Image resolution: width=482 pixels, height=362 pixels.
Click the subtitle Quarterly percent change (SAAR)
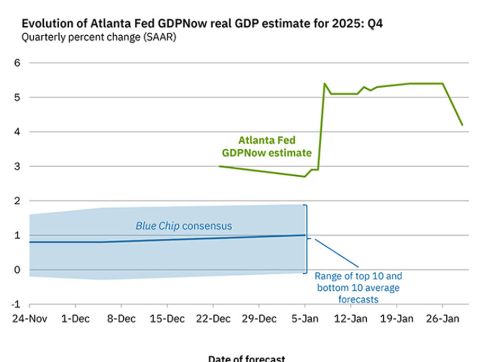[x=98, y=37]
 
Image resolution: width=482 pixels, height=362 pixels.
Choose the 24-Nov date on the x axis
[x=29, y=319]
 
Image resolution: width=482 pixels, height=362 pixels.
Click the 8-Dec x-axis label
[x=121, y=319]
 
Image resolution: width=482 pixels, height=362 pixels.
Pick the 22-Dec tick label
[x=213, y=319]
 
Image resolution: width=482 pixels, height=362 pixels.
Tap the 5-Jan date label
[x=305, y=319]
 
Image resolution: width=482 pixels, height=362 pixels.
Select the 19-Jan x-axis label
[x=397, y=319]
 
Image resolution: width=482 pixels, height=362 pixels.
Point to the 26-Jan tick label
[x=442, y=319]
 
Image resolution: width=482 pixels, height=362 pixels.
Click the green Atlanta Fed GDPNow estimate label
[x=267, y=147]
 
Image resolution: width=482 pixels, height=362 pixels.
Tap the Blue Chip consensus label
[x=184, y=226]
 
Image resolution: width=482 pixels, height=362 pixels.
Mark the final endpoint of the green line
[x=462, y=125]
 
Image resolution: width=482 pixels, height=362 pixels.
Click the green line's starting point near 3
[x=220, y=166]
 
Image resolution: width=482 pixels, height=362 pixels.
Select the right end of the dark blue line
[x=305, y=235]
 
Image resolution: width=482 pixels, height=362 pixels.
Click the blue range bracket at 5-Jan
[x=306, y=239]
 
